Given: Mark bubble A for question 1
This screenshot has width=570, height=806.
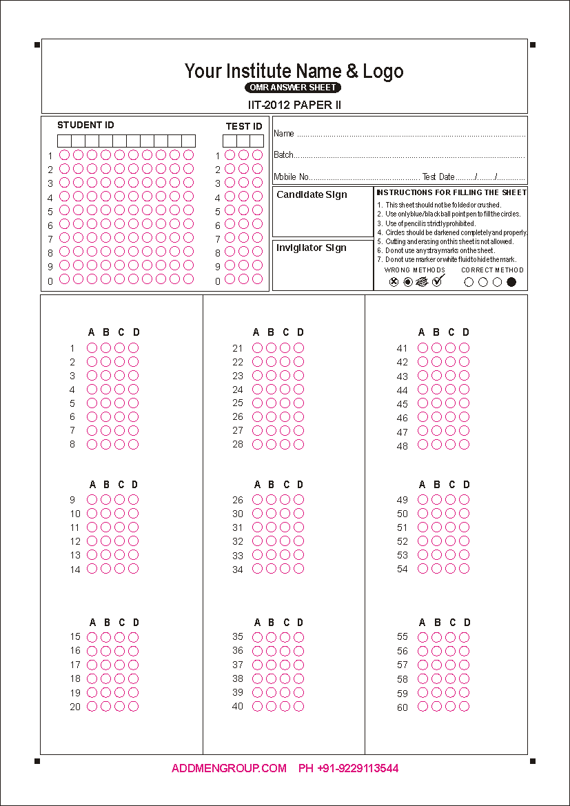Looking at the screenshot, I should point(92,348).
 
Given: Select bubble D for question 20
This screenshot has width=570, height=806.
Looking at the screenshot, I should point(134,706).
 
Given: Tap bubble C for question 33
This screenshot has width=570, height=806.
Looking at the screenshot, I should point(285,555).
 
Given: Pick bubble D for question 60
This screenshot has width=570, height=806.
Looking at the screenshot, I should point(464,706).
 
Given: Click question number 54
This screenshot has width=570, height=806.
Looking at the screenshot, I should point(403,569).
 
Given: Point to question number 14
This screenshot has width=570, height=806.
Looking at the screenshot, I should point(75,570).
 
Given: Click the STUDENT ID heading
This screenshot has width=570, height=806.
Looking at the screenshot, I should point(85,125).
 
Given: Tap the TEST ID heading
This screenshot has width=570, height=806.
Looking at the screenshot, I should point(244,126).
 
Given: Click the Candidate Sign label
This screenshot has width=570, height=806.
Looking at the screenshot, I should point(312,195).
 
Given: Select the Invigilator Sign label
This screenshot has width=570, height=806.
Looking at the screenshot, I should point(311,248).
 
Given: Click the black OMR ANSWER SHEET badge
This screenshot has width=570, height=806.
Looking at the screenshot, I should point(292,88).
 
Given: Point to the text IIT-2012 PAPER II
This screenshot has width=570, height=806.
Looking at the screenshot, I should point(295,105).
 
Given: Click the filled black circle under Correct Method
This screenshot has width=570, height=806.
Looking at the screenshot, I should point(511,282).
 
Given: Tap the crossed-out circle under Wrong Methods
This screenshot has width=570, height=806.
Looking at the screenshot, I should point(394,282).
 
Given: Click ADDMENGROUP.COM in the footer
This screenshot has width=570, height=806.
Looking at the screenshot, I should point(229,768).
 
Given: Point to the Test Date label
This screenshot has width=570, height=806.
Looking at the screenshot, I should point(438,177).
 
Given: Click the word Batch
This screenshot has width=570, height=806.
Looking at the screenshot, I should point(283,155).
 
